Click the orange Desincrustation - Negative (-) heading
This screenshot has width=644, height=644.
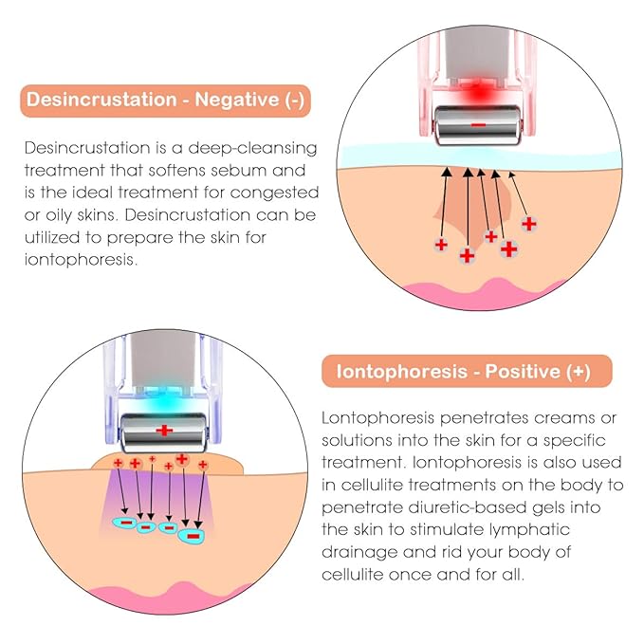tap(166, 101)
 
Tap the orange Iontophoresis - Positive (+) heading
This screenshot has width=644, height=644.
tap(467, 371)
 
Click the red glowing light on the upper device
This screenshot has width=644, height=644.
tap(478, 93)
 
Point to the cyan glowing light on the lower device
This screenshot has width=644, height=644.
tap(164, 399)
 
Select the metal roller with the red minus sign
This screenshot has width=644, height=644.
tap(478, 126)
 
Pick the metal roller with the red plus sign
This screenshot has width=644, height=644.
tap(164, 432)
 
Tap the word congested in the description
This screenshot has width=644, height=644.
tap(274, 193)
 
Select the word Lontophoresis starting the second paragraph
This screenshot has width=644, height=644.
tap(377, 418)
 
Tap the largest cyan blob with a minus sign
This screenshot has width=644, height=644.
tap(191, 536)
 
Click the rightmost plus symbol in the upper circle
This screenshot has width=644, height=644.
tap(529, 224)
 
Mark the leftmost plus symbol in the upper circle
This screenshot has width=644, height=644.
tap(441, 246)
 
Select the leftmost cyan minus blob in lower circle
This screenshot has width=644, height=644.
tap(125, 523)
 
